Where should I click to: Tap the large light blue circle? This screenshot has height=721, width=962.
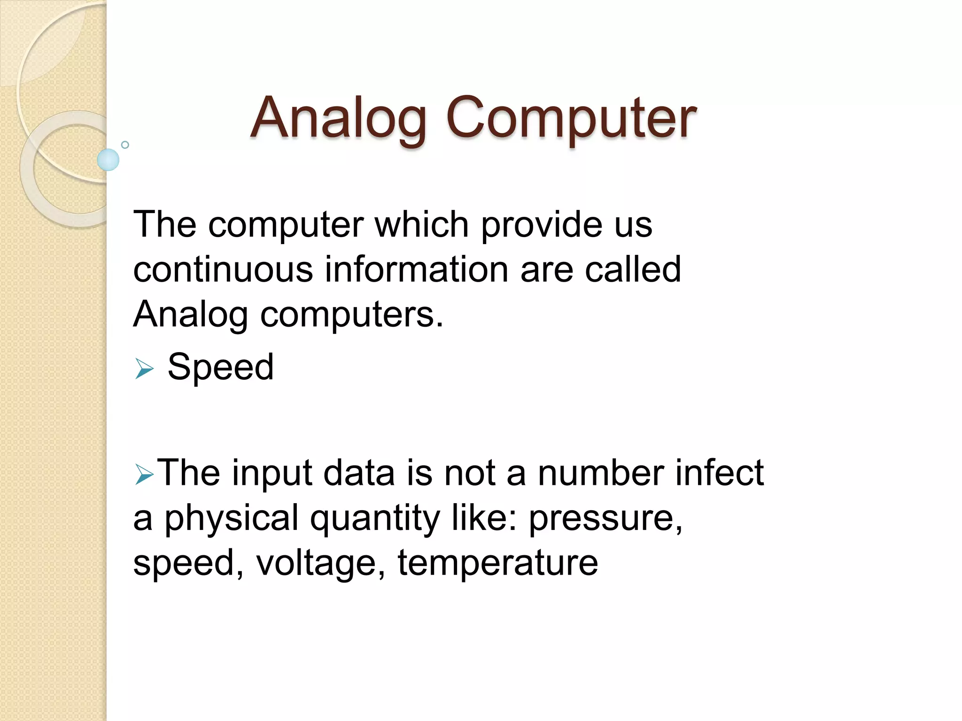(x=108, y=160)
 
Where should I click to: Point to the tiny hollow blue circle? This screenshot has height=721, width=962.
(x=125, y=145)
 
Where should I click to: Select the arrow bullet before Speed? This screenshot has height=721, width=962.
(x=144, y=368)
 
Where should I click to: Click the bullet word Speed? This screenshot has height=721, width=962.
(x=220, y=367)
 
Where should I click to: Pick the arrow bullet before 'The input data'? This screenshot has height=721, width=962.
(x=144, y=474)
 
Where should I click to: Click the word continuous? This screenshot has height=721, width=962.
(x=223, y=269)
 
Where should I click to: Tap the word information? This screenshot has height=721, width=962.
(x=417, y=269)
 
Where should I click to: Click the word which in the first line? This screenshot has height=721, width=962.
(x=421, y=224)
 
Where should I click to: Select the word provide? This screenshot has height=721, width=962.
(x=541, y=224)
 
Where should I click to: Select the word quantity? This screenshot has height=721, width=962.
(x=375, y=518)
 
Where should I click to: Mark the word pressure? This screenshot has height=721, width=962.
(x=605, y=518)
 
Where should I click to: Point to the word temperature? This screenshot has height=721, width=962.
(x=497, y=562)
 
